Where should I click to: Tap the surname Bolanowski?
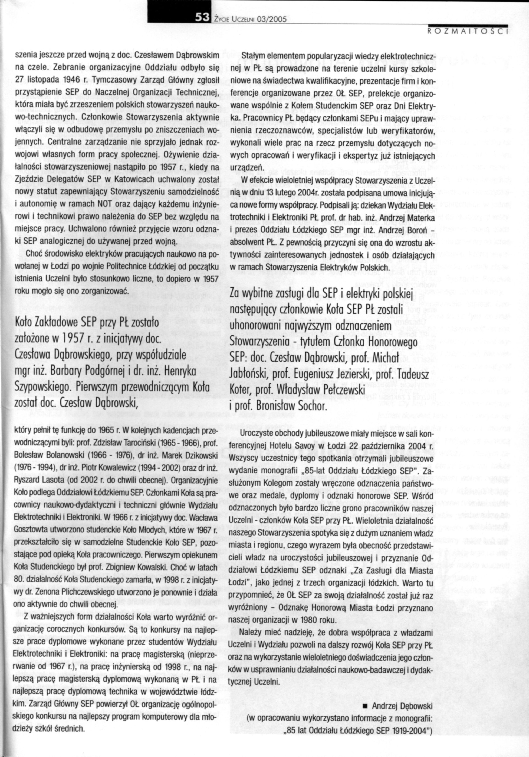click(56, 456)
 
